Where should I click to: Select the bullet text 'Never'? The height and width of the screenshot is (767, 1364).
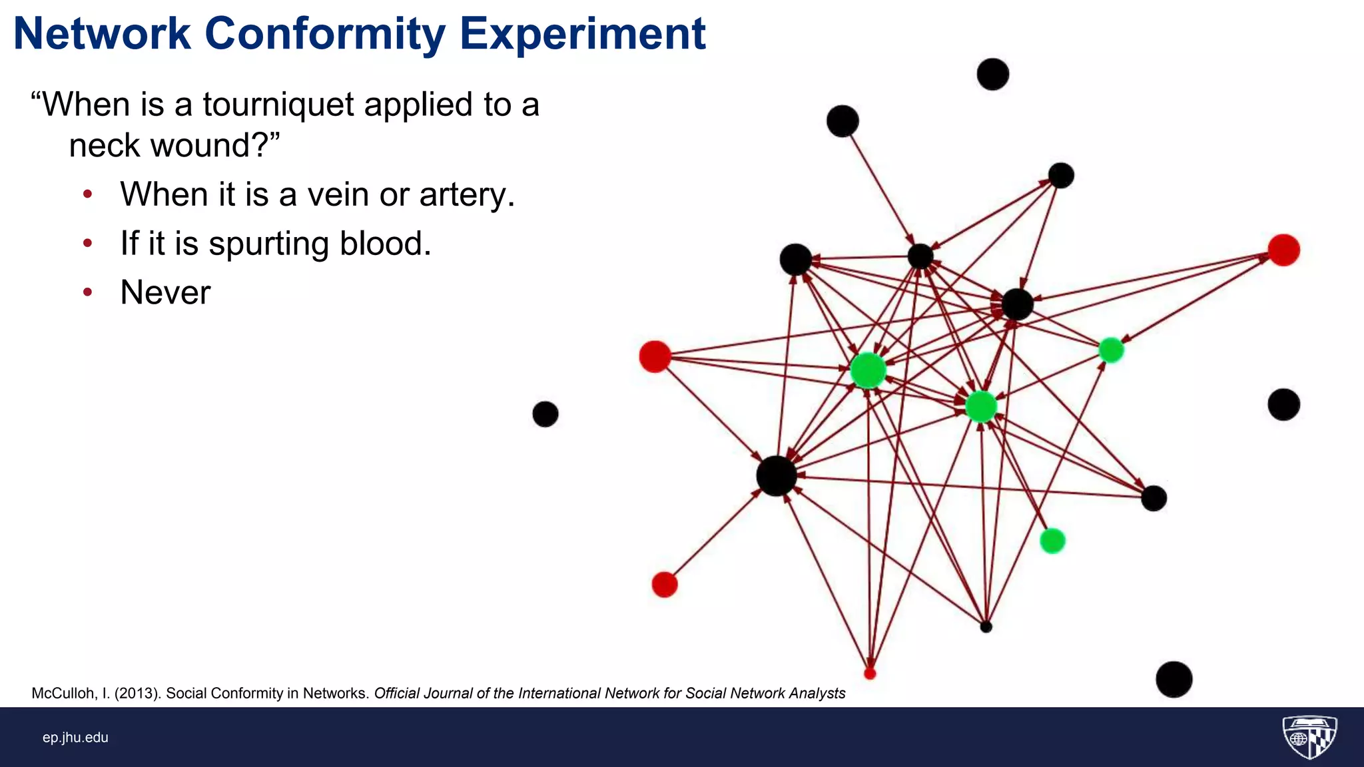pos(165,292)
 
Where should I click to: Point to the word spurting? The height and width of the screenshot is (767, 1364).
pos(268,244)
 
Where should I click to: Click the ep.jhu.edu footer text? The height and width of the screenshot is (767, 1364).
pos(75,737)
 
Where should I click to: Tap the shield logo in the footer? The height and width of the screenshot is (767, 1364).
pos(1309,736)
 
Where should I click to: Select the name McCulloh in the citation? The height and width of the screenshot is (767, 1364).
pos(64,693)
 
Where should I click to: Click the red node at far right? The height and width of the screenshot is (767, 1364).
pos(1283,250)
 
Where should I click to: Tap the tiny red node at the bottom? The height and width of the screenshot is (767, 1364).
pos(870,674)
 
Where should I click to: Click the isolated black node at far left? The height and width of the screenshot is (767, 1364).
pos(545,414)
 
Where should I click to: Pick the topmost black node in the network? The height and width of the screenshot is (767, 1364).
pos(992,74)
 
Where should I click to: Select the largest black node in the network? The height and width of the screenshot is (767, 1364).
pos(777,476)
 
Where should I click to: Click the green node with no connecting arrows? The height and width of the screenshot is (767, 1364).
pos(1052,541)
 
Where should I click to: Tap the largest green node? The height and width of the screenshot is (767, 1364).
pos(868,371)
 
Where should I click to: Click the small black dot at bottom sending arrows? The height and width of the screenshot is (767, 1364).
pos(986,627)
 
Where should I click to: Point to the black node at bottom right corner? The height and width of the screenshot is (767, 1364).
pos(1174,679)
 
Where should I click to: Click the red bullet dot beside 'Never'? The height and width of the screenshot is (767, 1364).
pos(87,292)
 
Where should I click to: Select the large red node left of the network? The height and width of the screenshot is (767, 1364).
pos(655,356)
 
